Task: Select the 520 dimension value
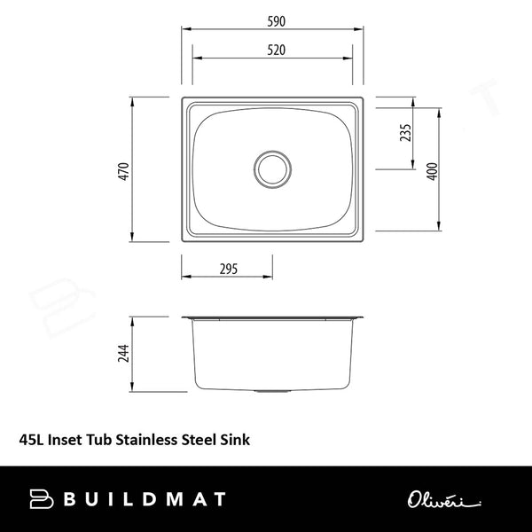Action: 273,50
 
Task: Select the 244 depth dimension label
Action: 124,355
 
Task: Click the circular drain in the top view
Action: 272,168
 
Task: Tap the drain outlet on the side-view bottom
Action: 272,391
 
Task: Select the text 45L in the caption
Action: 29,437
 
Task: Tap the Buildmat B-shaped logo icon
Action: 43,499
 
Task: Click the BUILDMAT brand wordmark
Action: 144,499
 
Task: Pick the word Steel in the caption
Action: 203,437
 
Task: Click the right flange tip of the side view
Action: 363,317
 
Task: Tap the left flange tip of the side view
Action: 183,317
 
